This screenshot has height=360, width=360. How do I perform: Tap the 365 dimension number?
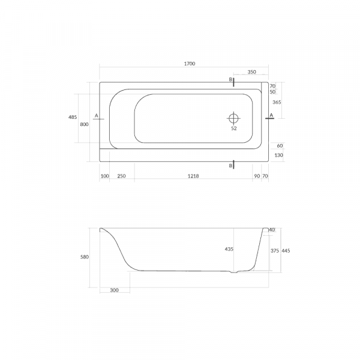click(x=277, y=103)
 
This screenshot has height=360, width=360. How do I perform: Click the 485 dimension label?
click(x=73, y=117)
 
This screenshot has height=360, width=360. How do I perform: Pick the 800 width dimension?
click(x=85, y=124)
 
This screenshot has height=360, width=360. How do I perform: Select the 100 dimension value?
click(x=105, y=176)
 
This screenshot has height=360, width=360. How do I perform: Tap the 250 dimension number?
click(x=121, y=176)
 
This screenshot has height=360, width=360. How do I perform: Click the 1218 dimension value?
click(x=193, y=176)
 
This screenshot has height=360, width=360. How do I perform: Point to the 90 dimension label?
click(x=257, y=176)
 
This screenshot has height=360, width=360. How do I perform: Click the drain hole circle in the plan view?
click(x=233, y=117)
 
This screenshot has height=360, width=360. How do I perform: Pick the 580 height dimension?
click(x=85, y=257)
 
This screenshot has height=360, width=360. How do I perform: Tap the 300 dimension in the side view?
click(x=115, y=290)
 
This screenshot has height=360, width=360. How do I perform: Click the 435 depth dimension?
click(x=229, y=249)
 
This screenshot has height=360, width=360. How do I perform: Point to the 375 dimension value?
click(x=274, y=251)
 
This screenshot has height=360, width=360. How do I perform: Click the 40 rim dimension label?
click(x=272, y=230)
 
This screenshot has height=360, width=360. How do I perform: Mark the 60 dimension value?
click(x=280, y=145)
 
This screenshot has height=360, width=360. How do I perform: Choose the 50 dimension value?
click(x=272, y=92)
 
